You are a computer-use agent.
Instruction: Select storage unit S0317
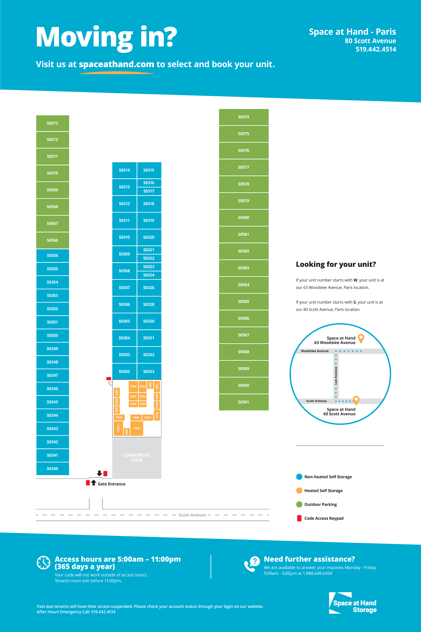click(x=149, y=191)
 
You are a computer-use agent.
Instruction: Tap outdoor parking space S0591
click(x=244, y=402)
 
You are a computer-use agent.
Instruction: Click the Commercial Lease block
click(x=137, y=457)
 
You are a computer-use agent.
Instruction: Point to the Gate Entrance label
click(x=111, y=484)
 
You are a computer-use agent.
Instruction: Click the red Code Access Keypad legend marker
click(x=299, y=518)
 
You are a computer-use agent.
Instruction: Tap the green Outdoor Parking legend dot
click(x=299, y=504)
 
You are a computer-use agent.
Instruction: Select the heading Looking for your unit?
click(x=336, y=264)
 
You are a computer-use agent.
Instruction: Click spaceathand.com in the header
click(x=116, y=64)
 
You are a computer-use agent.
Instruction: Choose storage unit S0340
click(x=52, y=468)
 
